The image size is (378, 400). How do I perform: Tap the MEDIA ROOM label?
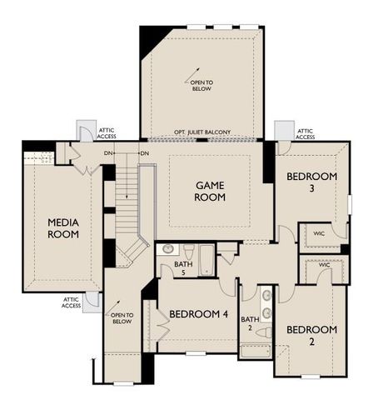pos(63,227)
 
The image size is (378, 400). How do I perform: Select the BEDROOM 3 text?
pos(311,183)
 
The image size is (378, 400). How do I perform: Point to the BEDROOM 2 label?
pos(311,336)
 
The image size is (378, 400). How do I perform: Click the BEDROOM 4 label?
pos(198,314)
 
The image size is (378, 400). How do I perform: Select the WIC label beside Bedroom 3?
pos(319,233)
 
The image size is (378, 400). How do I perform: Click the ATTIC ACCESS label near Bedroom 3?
pos(306,133)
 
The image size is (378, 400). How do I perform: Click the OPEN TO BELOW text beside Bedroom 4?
pos(122,317)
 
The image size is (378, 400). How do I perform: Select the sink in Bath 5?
pos(167,249)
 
